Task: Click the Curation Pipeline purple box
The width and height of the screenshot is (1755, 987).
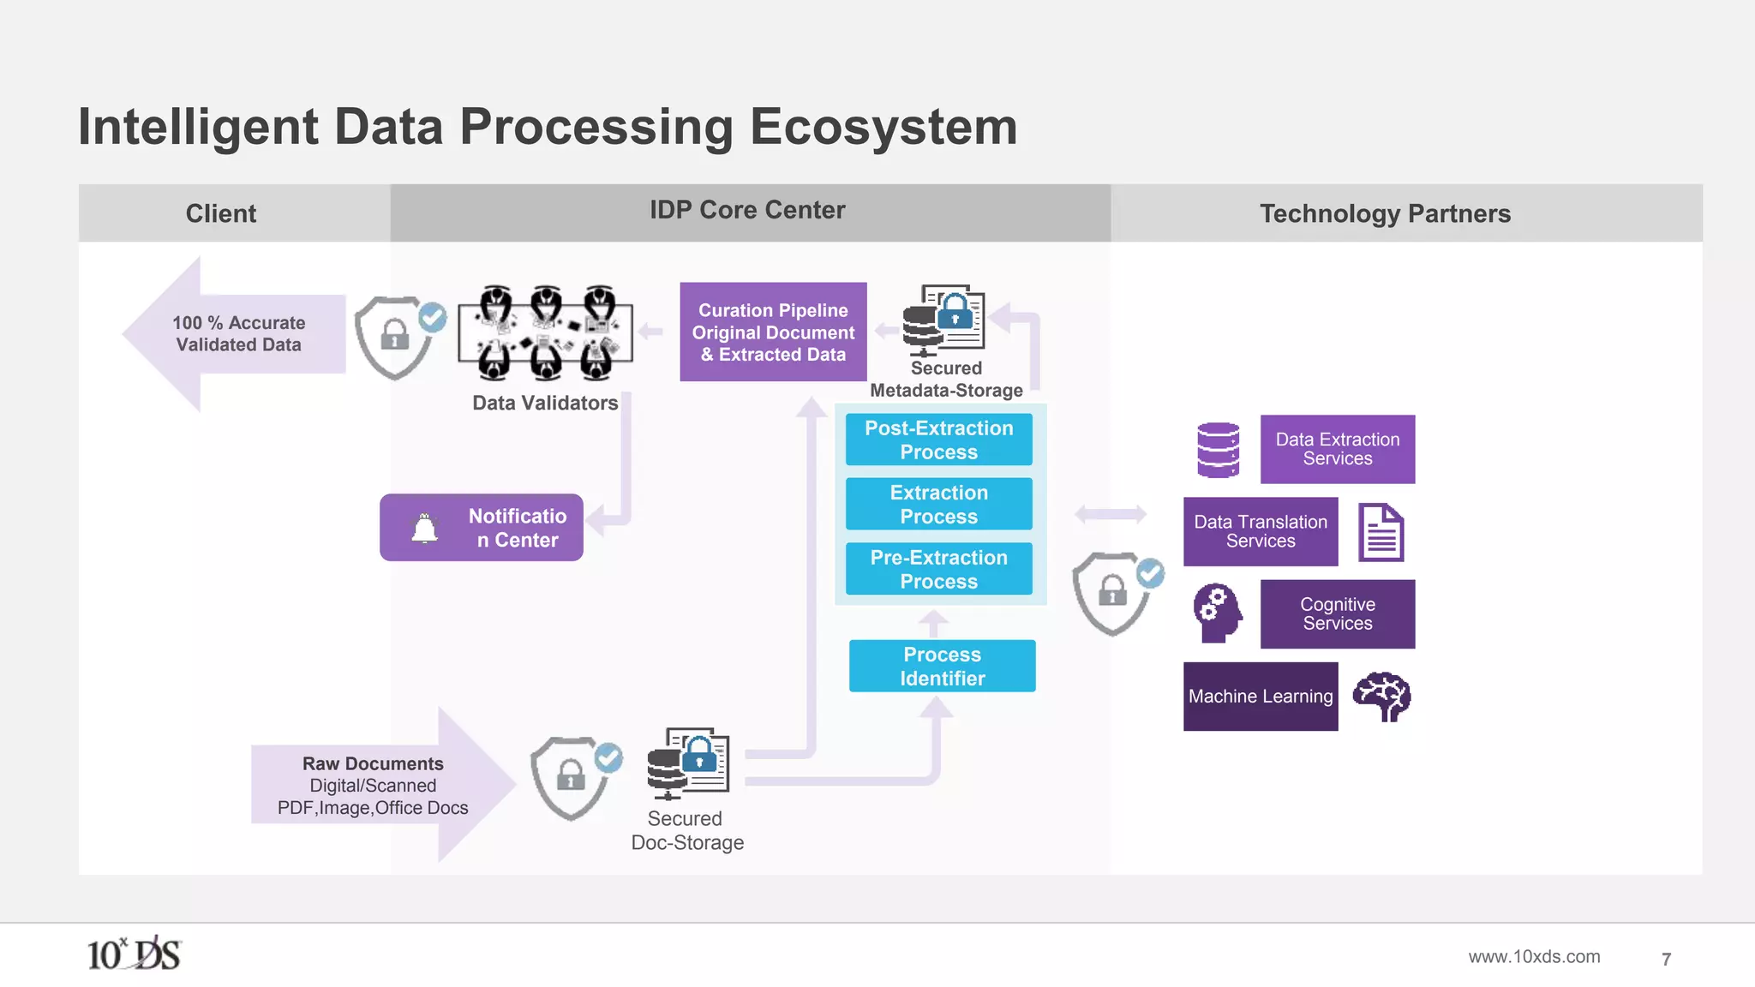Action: pos(773,332)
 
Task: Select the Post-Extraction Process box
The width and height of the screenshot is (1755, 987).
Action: pos(938,440)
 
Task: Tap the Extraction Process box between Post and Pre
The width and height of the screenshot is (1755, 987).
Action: pos(938,505)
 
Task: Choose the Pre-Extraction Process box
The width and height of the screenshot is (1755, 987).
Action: pos(938,569)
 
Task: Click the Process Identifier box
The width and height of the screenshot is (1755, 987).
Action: pos(942,666)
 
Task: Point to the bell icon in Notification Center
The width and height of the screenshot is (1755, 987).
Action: pos(425,528)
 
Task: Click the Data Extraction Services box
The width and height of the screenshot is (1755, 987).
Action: pos(1337,449)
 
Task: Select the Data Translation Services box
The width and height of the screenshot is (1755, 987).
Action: pos(1260,531)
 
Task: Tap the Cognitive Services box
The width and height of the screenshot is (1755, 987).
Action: pos(1337,613)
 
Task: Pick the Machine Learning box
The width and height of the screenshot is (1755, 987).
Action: pos(1260,696)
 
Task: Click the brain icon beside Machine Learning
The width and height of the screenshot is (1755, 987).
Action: pos(1381,696)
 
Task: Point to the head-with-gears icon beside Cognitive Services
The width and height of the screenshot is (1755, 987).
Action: pos(1217,613)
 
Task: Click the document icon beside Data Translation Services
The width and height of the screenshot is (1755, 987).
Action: pos(1381,532)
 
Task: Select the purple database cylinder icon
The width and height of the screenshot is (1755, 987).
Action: pos(1218,450)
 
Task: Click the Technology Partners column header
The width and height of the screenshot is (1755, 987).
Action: pos(1384,213)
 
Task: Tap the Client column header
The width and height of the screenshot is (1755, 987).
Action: pos(221,213)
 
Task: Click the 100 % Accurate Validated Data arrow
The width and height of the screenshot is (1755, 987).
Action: pos(236,334)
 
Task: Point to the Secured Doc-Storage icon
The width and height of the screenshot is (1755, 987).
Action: pos(688,763)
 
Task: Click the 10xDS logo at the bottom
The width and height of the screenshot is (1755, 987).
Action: pos(134,954)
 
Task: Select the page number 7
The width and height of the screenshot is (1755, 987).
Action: pos(1666,960)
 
